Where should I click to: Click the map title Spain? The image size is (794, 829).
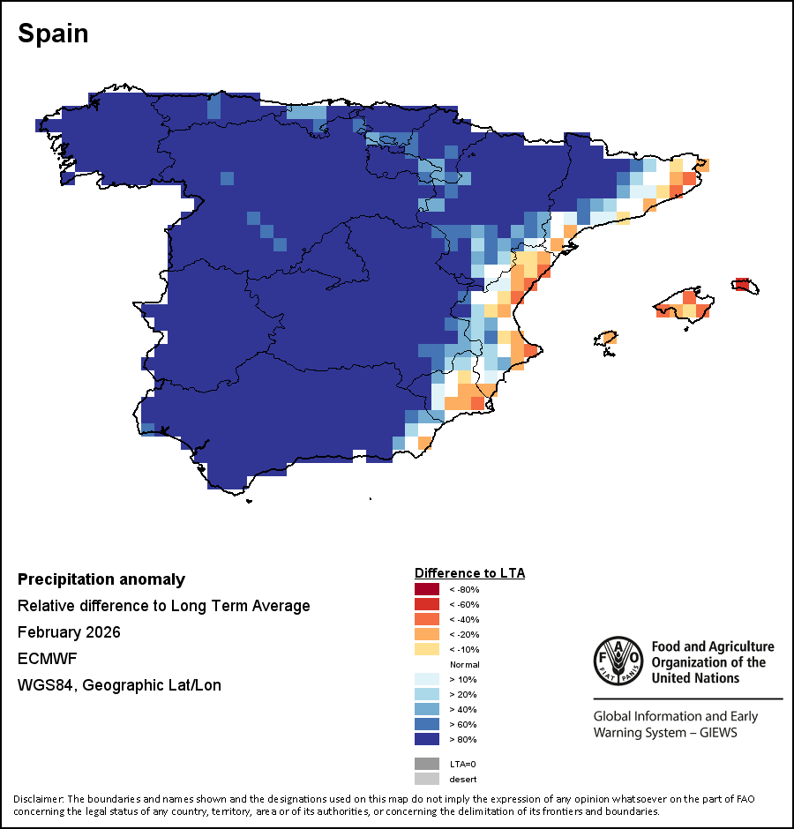pyautogui.click(x=53, y=34)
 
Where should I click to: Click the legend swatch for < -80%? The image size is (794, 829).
pyautogui.click(x=427, y=589)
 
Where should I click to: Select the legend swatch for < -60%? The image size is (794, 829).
pyautogui.click(x=427, y=604)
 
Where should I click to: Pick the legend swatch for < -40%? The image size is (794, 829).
pyautogui.click(x=427, y=619)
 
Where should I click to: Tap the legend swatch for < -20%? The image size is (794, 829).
pyautogui.click(x=427, y=634)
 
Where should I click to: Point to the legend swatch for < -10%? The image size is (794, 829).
pyautogui.click(x=427, y=649)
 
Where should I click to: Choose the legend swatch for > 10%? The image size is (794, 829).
pyautogui.click(x=427, y=679)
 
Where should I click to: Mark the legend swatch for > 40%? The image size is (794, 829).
pyautogui.click(x=427, y=709)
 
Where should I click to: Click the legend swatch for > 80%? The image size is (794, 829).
pyautogui.click(x=427, y=739)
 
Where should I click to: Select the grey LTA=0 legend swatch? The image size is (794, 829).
pyautogui.click(x=427, y=764)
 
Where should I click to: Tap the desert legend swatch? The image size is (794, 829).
pyautogui.click(x=427, y=779)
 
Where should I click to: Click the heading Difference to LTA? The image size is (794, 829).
pyautogui.click(x=469, y=573)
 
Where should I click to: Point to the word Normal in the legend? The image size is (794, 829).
pyautogui.click(x=464, y=664)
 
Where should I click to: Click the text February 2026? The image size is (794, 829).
pyautogui.click(x=69, y=632)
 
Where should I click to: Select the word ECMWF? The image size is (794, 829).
pyautogui.click(x=42, y=659)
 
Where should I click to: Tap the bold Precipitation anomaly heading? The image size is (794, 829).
pyautogui.click(x=101, y=579)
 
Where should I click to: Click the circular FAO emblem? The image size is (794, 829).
pyautogui.click(x=617, y=660)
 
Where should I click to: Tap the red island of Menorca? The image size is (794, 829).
pyautogui.click(x=743, y=285)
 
